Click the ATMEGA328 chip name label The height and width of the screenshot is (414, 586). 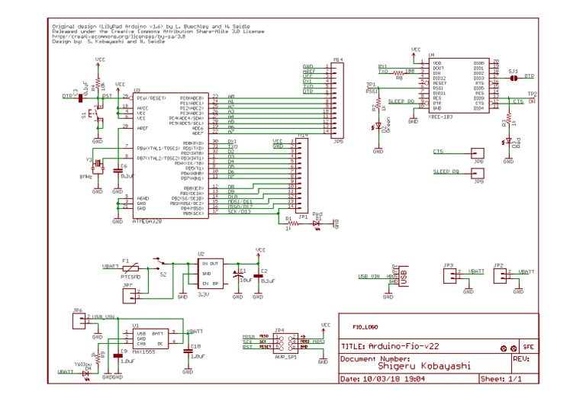[147, 221]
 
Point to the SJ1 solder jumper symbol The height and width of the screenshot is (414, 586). [514, 77]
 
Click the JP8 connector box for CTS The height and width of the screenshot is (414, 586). [478, 153]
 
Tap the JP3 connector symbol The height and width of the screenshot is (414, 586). [450, 274]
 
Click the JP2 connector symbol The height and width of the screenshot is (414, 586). [498, 274]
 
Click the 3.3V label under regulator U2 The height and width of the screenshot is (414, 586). [202, 294]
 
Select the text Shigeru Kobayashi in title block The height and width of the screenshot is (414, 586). [424, 365]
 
